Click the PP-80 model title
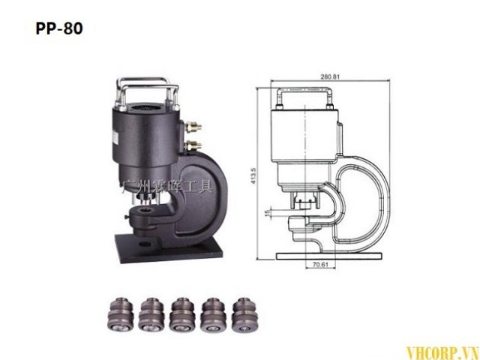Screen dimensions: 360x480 58,29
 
